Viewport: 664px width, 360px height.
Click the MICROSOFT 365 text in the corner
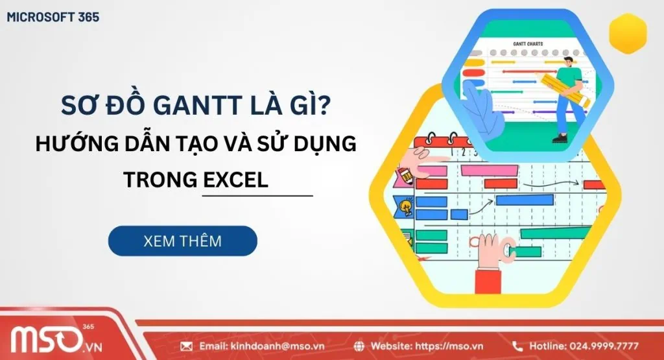click(x=53, y=18)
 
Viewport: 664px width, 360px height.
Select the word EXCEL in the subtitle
click(x=235, y=180)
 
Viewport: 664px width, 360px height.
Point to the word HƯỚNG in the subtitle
click(x=71, y=144)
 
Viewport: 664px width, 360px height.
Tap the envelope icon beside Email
click(x=186, y=346)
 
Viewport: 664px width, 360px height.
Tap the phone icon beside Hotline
click(x=517, y=346)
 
